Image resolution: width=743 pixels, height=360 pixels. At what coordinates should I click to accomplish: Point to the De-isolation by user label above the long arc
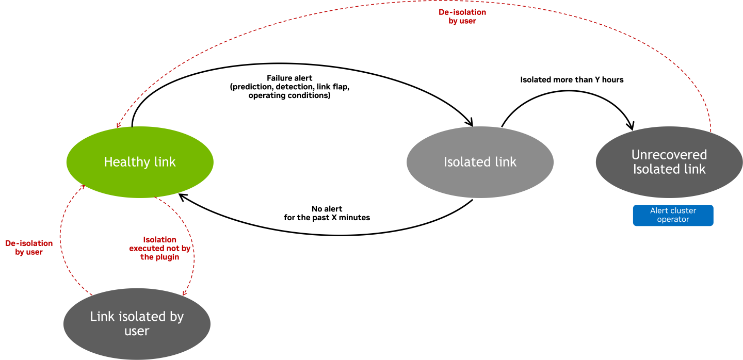462,17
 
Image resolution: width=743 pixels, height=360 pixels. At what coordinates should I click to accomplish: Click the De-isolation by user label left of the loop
29,248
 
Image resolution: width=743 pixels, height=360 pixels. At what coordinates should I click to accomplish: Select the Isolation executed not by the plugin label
159,248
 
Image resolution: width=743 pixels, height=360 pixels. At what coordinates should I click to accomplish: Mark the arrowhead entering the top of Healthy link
119,125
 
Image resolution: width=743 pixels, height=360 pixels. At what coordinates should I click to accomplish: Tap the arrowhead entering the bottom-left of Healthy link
82,187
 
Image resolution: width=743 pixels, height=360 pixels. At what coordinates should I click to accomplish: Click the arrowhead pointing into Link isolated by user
184,293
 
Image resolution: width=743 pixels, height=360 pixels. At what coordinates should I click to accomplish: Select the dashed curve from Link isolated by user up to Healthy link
60,237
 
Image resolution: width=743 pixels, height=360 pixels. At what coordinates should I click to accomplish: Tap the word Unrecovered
669,155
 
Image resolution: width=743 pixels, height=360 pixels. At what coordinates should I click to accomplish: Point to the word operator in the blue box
673,220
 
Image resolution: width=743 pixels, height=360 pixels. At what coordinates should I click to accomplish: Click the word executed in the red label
147,249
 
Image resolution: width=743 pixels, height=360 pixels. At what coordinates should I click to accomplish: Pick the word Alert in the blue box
659,210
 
